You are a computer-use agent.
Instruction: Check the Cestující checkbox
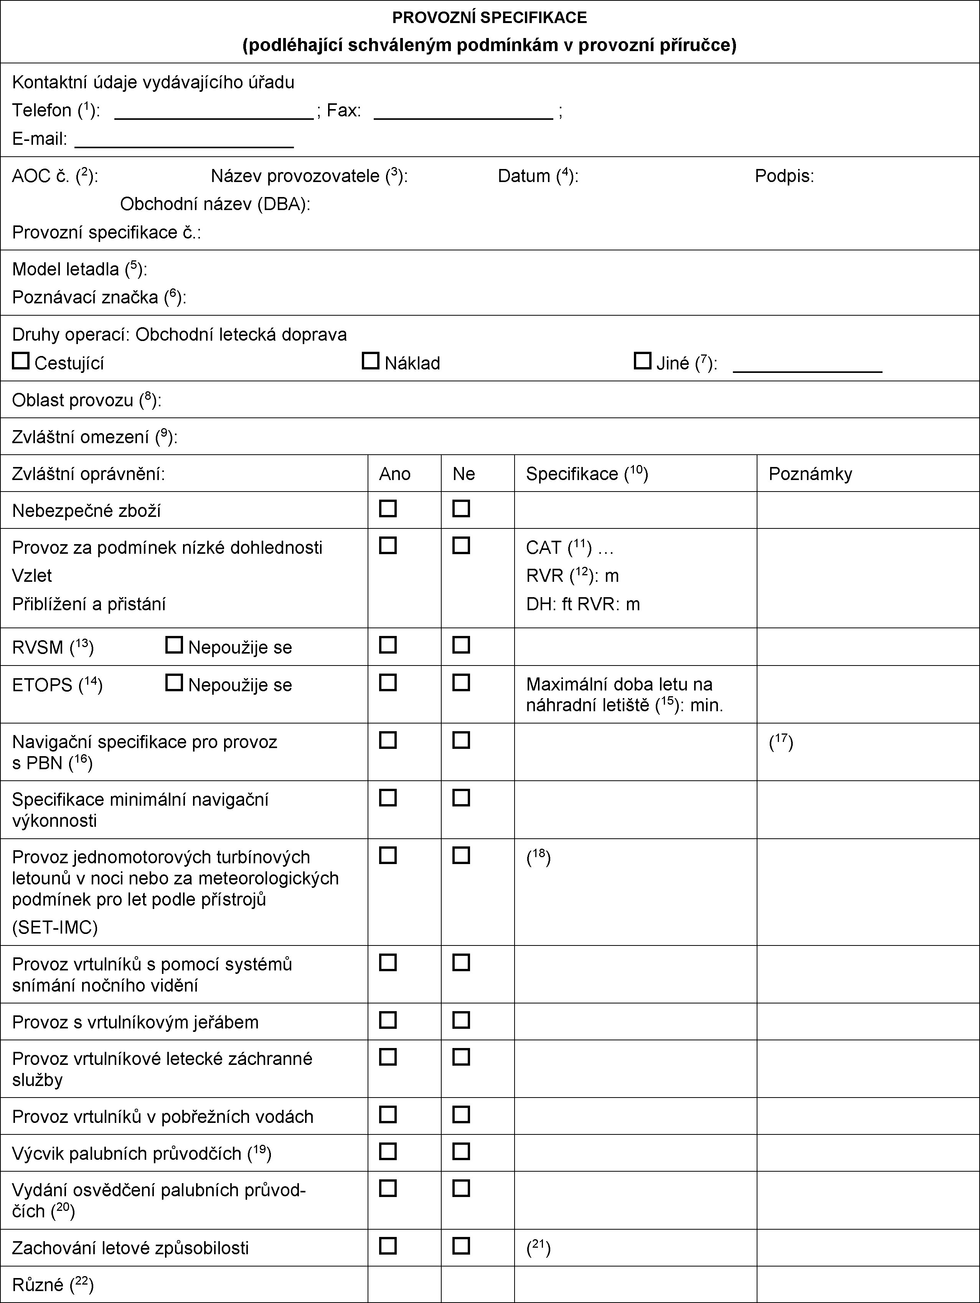tap(21, 361)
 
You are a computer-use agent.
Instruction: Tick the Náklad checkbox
tap(370, 361)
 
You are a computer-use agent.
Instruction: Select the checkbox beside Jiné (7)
tap(642, 361)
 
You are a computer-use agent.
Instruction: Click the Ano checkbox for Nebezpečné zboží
tap(388, 508)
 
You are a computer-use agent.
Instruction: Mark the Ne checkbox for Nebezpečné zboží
tap(462, 508)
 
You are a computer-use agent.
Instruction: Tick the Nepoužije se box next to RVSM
tap(174, 645)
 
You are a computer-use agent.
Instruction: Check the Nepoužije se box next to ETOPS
tap(174, 683)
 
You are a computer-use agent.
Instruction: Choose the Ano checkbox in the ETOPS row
tap(388, 683)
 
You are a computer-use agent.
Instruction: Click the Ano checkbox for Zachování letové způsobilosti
tap(388, 1246)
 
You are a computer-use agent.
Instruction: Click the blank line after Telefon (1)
tap(214, 117)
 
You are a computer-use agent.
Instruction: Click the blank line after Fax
tap(463, 117)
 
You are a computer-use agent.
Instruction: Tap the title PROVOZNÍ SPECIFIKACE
tap(490, 18)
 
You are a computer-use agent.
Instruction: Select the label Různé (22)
tap(53, 1285)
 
